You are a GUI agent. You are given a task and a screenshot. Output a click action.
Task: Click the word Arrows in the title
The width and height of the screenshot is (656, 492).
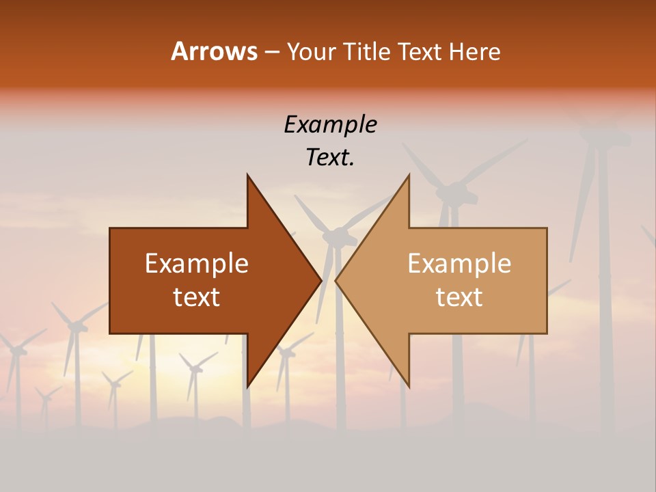tap(214, 51)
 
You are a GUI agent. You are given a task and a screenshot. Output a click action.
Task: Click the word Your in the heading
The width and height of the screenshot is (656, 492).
tap(312, 51)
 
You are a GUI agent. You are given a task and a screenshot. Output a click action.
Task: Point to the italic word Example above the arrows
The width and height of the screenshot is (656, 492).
tap(330, 124)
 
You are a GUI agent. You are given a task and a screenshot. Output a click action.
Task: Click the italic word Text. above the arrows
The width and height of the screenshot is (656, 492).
tap(330, 157)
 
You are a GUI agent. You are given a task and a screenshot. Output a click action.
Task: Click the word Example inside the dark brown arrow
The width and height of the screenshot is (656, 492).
tap(197, 264)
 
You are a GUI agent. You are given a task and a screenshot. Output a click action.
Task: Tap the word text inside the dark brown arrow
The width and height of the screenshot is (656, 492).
tap(197, 297)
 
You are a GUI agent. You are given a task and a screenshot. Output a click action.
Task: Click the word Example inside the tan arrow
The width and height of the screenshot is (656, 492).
tap(459, 264)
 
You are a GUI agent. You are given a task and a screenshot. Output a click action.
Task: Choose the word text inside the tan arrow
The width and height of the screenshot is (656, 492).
tap(459, 297)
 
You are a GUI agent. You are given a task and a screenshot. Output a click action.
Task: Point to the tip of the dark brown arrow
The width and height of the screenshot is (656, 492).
tap(320, 281)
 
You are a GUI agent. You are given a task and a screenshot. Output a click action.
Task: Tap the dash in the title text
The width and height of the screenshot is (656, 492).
tap(271, 52)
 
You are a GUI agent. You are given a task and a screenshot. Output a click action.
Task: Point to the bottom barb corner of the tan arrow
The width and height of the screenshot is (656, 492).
tap(409, 386)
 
